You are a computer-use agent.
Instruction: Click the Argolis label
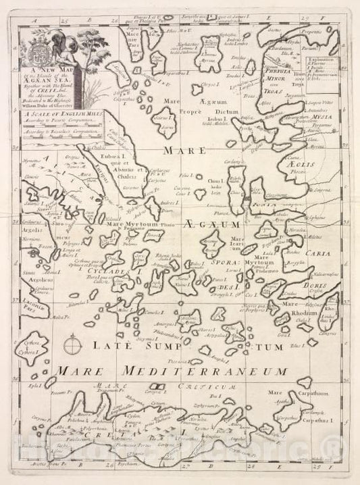[x=34, y=230]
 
